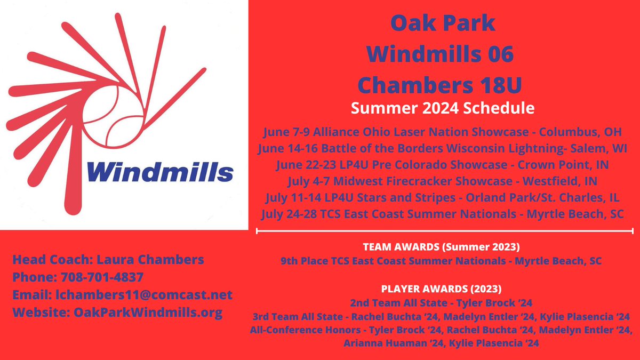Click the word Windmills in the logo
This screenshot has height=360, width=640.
point(158,172)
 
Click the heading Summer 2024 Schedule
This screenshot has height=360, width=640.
point(442,108)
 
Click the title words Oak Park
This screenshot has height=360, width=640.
point(442,23)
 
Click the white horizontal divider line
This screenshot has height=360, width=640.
point(445,231)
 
